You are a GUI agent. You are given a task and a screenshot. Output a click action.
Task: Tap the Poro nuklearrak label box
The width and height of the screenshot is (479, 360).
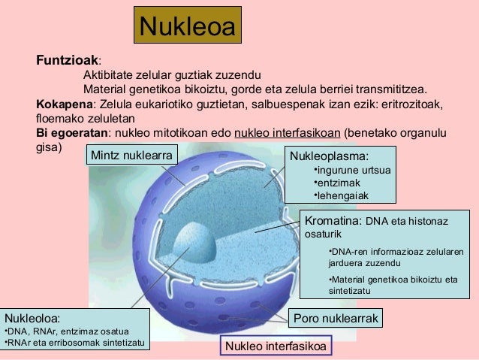coord(336,318)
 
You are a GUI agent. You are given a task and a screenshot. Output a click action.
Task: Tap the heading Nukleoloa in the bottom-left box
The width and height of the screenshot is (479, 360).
coord(32,318)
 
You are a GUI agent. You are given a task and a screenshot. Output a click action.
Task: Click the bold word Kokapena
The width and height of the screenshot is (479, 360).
coord(63,104)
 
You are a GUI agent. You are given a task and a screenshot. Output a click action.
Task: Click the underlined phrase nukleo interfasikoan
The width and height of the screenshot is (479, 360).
coord(288,133)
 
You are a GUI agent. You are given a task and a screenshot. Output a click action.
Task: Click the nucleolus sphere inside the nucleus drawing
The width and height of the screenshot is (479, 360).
coord(194,242)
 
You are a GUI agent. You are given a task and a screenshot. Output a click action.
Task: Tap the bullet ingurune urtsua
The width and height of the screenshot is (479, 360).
coord(348,171)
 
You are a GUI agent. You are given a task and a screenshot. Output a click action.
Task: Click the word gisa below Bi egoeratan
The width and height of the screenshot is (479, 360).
coord(48,147)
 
